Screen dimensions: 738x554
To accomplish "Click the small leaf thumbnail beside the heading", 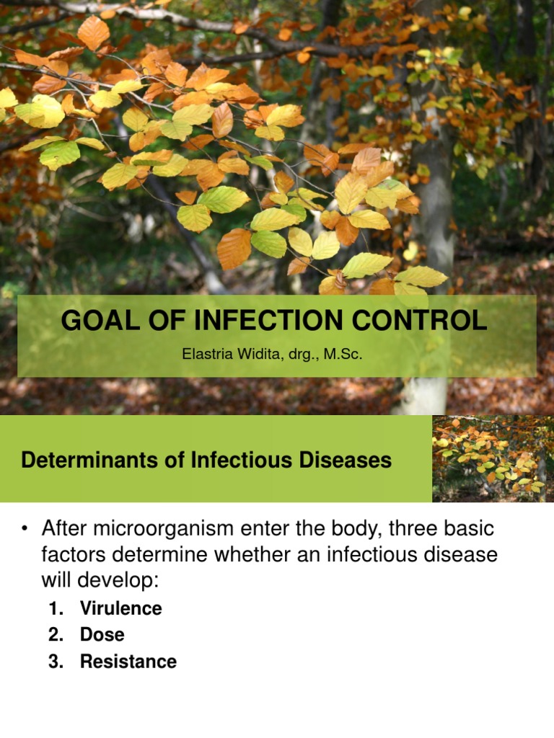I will (x=493, y=458).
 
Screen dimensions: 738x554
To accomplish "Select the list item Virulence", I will (x=120, y=608).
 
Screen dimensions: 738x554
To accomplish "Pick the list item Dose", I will (x=102, y=635).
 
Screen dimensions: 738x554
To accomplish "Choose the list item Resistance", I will (x=128, y=662).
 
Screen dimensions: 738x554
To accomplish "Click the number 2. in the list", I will (x=56, y=635).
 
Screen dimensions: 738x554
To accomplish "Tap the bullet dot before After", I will (x=26, y=530).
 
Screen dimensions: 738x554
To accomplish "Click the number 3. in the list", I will (x=56, y=662).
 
